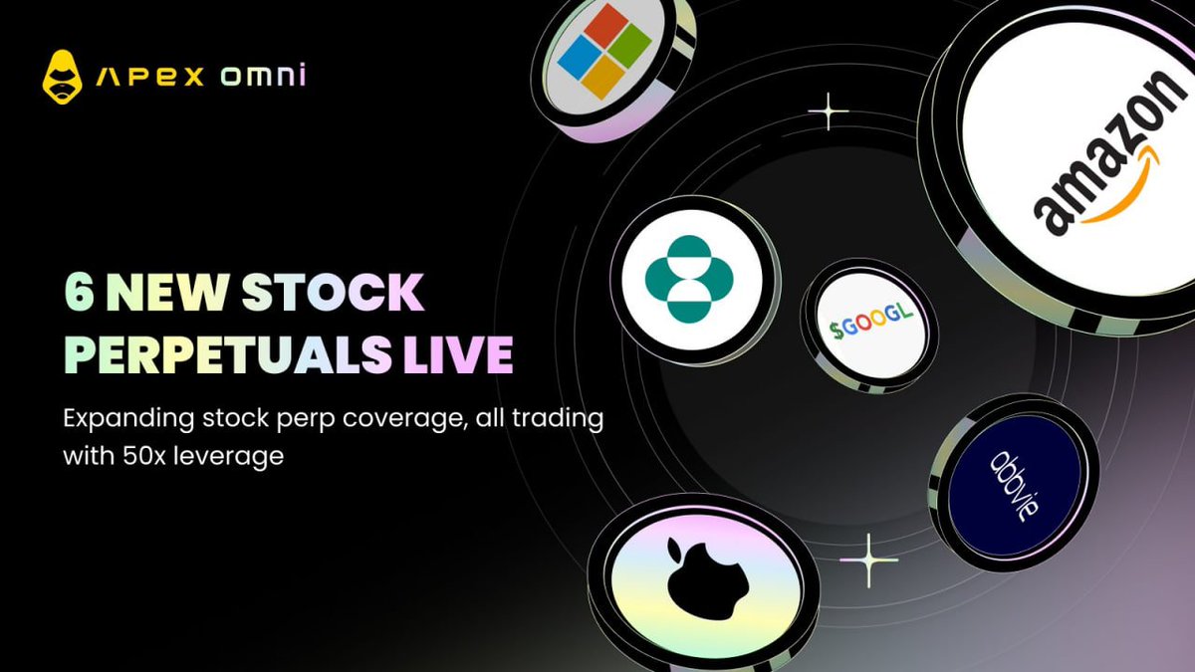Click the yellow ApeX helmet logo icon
tap(63, 77)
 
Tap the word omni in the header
tap(264, 76)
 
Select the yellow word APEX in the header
tap(150, 77)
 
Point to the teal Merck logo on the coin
tap(689, 279)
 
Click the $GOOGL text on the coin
tap(871, 322)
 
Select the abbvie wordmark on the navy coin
tap(1015, 487)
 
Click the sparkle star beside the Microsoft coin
tap(828, 111)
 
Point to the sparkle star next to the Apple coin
tap(868, 560)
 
